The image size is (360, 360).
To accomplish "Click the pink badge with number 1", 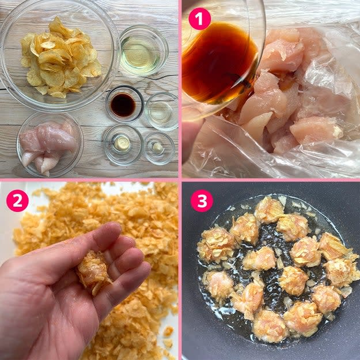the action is coord(200,19).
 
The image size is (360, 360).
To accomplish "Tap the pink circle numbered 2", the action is coord(17,200).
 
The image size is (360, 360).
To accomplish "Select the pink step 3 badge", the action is coord(202,200).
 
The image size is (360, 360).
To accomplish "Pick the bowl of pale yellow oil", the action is coord(144,51).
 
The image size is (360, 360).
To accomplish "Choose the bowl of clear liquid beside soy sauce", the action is coord(162,112).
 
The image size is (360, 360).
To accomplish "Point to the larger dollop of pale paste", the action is coord(122,144).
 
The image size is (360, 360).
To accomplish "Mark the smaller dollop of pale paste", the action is coord(157,147).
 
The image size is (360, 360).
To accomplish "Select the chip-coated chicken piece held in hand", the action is coord(94,272).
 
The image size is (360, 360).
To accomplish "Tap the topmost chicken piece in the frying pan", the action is coord(269,210).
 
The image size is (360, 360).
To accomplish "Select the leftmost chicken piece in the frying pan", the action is coord(216,245).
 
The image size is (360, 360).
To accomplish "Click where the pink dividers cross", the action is coord(180,180).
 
